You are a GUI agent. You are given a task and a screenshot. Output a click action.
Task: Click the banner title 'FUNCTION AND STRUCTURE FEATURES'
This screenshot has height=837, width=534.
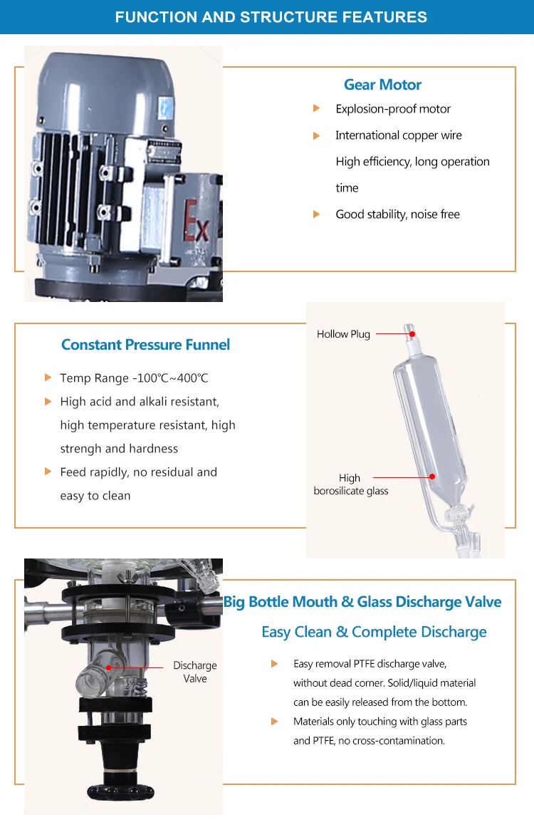tap(271, 17)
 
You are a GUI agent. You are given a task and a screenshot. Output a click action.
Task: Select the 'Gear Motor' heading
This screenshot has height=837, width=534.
tap(382, 85)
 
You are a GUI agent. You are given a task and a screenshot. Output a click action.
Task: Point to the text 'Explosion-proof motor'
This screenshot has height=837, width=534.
tap(393, 109)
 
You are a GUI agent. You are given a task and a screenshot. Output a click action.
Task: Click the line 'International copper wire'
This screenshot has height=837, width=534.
tap(399, 135)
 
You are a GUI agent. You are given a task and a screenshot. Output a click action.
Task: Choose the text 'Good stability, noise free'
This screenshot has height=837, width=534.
tap(398, 214)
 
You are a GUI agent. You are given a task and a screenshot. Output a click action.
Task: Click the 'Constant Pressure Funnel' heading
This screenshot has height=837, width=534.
tap(146, 345)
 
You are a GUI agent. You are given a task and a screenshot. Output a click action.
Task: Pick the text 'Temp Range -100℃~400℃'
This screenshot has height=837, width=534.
tap(134, 378)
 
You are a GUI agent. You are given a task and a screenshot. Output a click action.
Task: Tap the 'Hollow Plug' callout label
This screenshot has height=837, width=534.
tap(343, 334)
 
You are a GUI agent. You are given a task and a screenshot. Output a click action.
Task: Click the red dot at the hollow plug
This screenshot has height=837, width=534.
tap(412, 333)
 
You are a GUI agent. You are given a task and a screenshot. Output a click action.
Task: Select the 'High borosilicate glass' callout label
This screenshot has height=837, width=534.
tap(351, 484)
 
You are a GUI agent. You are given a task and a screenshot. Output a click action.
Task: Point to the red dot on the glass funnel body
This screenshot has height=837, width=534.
tap(431, 477)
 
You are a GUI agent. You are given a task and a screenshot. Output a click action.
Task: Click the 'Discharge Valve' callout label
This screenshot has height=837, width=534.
tap(195, 672)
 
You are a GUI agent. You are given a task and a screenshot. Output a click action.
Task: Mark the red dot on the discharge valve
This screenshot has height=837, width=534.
tap(109, 667)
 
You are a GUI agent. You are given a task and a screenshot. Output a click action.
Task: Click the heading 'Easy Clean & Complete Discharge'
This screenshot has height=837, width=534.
tap(374, 633)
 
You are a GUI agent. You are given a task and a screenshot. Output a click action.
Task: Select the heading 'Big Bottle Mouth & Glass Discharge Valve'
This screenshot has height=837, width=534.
tap(362, 602)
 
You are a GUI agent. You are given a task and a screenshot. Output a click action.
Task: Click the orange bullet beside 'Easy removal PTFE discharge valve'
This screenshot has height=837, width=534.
tap(275, 664)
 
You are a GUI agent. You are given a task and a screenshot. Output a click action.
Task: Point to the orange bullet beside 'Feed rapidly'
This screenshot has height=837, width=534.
tap(48, 472)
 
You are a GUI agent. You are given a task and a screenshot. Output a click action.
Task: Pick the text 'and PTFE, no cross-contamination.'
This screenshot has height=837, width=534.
tap(369, 741)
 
